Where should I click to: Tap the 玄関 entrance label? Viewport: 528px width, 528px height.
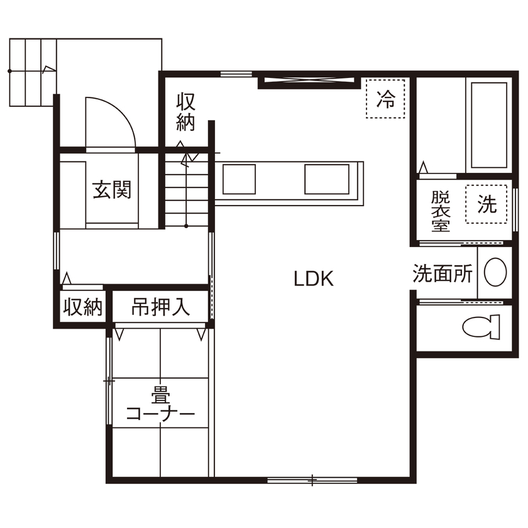click(113, 190)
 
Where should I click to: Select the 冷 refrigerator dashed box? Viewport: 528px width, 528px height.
click(386, 99)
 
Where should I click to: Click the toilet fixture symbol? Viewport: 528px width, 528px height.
click(481, 326)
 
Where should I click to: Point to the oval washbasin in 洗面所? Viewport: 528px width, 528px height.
click(497, 272)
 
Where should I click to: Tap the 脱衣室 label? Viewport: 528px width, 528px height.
click(441, 211)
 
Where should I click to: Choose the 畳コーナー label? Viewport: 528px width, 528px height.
click(159, 406)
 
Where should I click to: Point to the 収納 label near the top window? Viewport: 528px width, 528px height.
click(185, 112)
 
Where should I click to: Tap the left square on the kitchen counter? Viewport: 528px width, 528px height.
click(239, 179)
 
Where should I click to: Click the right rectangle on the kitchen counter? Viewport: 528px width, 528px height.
click(326, 179)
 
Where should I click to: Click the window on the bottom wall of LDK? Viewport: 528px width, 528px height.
click(312, 481)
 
